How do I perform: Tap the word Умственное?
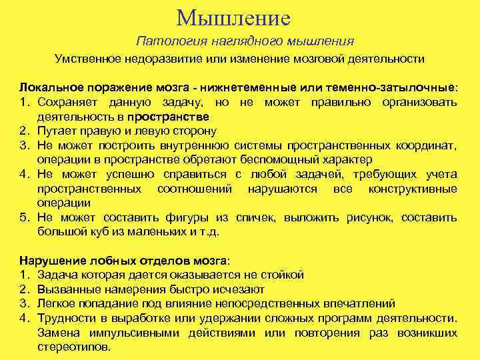pos(87,59)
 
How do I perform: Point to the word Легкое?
pos(57,303)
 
